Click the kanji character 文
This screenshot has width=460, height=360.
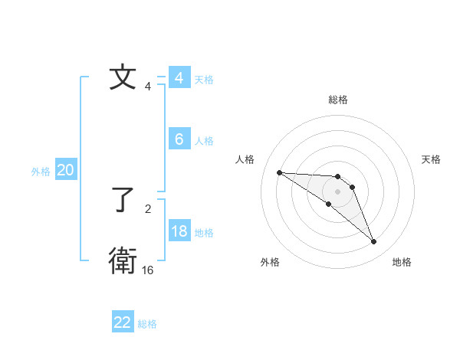[x=123, y=77]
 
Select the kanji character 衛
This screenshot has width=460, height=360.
[x=123, y=260]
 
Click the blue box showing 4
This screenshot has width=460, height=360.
[x=179, y=77]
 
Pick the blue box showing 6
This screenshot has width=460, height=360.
[x=179, y=139]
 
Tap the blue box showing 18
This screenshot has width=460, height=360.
[x=179, y=231]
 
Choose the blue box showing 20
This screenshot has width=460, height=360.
[x=65, y=170]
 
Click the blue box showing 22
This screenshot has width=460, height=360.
[x=123, y=322]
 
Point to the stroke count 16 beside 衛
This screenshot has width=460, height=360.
[x=147, y=270]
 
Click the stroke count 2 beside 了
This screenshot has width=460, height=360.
[x=147, y=208]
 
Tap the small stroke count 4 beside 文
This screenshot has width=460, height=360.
[x=147, y=87]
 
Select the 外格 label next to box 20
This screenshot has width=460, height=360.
[x=41, y=172]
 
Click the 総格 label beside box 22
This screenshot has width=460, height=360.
[x=147, y=324]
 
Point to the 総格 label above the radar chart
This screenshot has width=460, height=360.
[x=337, y=100]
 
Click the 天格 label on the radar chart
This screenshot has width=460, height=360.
[x=431, y=159]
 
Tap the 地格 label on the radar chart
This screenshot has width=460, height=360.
[x=402, y=262]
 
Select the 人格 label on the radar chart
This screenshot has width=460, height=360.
[x=245, y=159]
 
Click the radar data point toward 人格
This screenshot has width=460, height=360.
[x=279, y=172]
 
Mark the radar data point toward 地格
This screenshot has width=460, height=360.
[x=373, y=242]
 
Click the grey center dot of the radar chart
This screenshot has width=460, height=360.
[x=337, y=191]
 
